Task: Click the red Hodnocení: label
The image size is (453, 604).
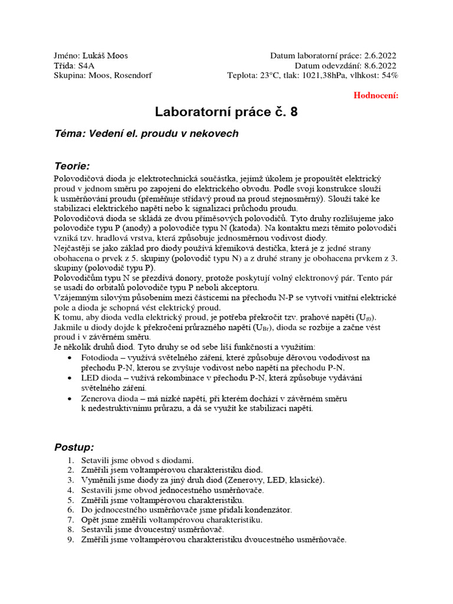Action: (x=376, y=95)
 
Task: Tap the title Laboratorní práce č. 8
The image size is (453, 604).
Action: (x=226, y=112)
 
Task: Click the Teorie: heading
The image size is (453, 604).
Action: (x=72, y=166)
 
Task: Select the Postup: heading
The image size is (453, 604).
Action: (x=74, y=447)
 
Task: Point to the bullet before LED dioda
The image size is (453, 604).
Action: (x=71, y=378)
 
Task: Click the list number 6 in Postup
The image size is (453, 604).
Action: (x=69, y=509)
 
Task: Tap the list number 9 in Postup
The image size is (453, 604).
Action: (x=69, y=539)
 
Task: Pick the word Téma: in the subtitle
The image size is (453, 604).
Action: (x=70, y=134)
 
